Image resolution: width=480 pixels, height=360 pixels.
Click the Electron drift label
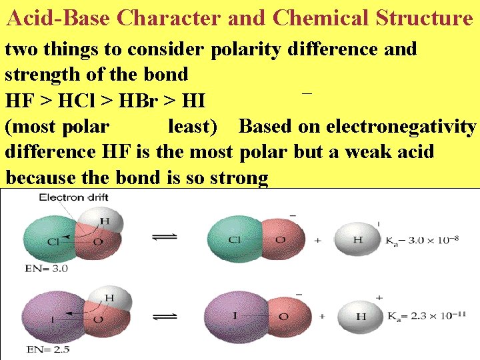(x=73, y=197)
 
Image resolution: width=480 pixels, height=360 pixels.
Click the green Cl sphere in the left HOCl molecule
(x=50, y=241)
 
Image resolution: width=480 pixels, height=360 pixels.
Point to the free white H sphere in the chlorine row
(x=357, y=239)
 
